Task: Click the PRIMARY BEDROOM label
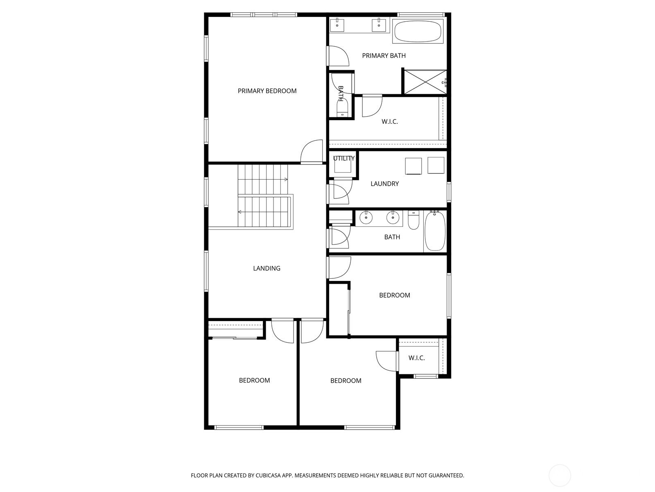click(267, 91)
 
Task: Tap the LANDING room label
click(267, 268)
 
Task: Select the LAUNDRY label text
click(385, 184)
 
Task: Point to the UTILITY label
click(344, 158)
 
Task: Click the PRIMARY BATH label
click(384, 56)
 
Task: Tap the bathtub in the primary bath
click(418, 31)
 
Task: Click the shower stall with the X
click(425, 82)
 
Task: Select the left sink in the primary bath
click(337, 25)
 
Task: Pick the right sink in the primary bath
click(379, 25)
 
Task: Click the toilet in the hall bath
click(413, 220)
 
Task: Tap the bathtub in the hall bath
click(435, 230)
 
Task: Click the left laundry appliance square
click(413, 166)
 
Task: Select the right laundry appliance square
click(436, 166)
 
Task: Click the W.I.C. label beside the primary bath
click(390, 122)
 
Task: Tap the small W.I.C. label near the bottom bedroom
click(417, 358)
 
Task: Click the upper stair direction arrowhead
click(287, 180)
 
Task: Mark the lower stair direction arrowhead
click(239, 212)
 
